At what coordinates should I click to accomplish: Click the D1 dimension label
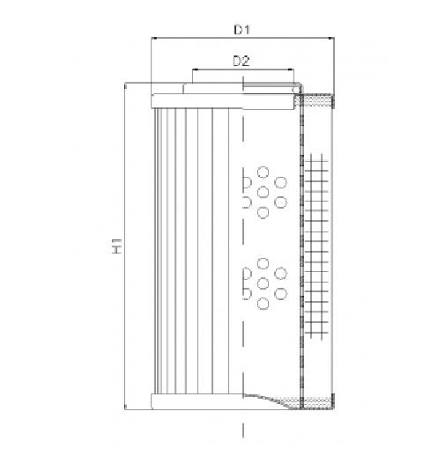click(242, 30)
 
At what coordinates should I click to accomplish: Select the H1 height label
click(116, 247)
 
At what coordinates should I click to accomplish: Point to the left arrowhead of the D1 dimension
click(156, 40)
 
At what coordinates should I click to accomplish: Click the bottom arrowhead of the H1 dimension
click(128, 407)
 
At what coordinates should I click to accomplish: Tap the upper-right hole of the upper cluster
click(281, 182)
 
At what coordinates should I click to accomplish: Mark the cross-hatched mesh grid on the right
click(318, 246)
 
